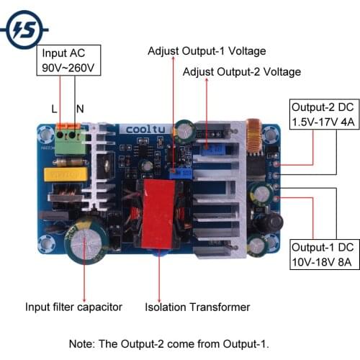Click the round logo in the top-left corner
click(24, 28)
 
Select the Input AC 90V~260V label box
click(69, 60)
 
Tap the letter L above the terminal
click(55, 109)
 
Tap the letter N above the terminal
click(80, 109)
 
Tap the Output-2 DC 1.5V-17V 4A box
click(323, 114)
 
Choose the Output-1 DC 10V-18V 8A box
click(323, 254)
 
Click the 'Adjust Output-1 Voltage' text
click(207, 51)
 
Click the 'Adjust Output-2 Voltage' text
click(241, 72)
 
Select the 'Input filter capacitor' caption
click(73, 307)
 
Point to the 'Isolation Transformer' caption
click(197, 307)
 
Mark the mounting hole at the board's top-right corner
click(271, 133)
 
